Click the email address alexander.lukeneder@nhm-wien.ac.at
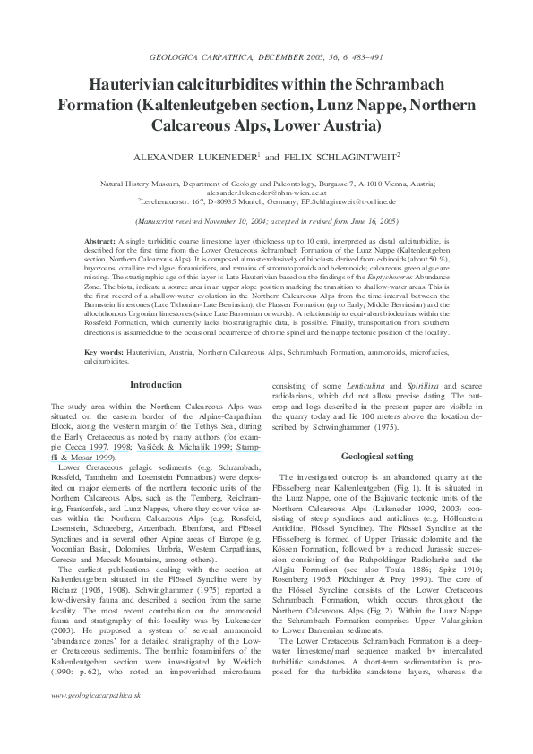pyautogui.click(x=266, y=192)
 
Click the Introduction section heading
pyautogui.click(x=157, y=385)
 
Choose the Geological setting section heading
pyautogui.click(x=375, y=457)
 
